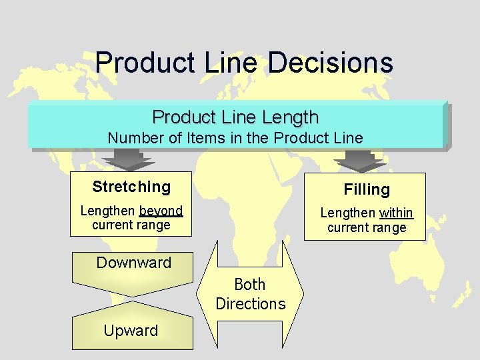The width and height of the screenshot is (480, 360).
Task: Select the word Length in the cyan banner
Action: (289, 117)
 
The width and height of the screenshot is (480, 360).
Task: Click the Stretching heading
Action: (131, 187)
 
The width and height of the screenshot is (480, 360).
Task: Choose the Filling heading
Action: (366, 189)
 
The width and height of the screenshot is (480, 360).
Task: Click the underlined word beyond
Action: (161, 211)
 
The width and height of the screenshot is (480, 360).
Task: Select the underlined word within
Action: (396, 213)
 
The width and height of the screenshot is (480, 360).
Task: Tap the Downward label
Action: (133, 263)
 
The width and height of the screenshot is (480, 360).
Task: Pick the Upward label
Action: (131, 331)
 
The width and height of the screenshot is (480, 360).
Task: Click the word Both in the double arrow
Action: (250, 285)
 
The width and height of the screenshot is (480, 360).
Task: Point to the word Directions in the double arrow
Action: (250, 304)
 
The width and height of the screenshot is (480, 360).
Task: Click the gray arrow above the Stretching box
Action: (130, 160)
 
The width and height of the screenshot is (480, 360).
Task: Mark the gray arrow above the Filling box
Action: (360, 160)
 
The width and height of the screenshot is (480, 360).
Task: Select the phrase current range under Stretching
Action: (131, 225)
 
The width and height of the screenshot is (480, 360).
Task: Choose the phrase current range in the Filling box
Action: (366, 227)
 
